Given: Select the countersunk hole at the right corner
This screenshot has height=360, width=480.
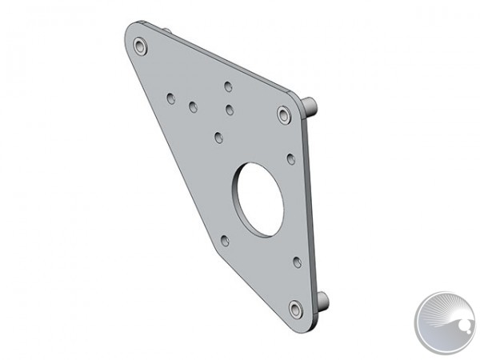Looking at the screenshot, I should (283, 115).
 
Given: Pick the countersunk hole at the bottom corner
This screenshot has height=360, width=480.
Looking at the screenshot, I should (295, 308).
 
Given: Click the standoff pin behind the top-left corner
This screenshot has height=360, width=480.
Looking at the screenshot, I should (170, 31).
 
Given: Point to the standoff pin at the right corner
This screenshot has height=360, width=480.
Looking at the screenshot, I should (313, 105).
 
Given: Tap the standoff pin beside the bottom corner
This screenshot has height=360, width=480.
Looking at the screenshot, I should (323, 301).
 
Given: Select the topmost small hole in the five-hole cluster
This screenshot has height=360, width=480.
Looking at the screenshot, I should (228, 85).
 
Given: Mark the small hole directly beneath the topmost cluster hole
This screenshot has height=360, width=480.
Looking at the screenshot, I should (229, 110).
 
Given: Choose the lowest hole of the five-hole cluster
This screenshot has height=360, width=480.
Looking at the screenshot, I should (218, 138).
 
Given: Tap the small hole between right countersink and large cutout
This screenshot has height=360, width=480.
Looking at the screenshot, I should (290, 158).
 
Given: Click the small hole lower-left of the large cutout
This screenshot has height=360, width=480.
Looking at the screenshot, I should (224, 239).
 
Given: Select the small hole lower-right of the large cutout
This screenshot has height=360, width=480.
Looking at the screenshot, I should (296, 261).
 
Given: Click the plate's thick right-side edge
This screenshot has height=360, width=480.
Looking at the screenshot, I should (311, 208).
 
